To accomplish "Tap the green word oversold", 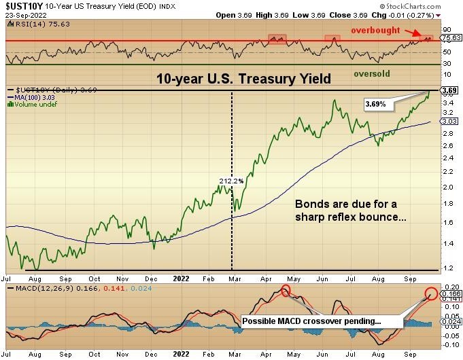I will tap(372, 73).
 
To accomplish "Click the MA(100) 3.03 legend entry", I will tap(31, 98).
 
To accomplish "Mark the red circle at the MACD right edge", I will tap(431, 294).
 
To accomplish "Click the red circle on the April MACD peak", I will tap(285, 291).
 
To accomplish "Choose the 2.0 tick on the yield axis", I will tap(446, 187).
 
